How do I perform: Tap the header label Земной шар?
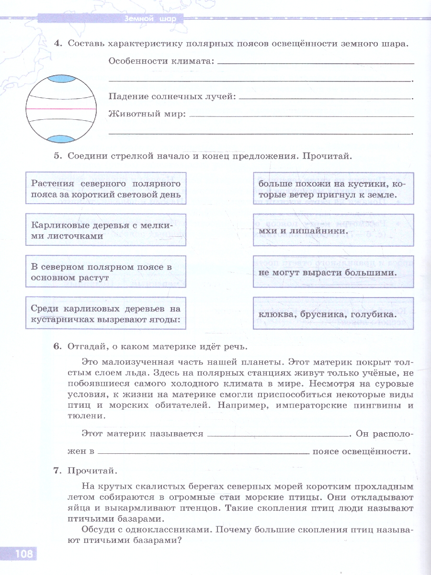(x=150, y=19)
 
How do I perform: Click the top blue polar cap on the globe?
(x=60, y=79)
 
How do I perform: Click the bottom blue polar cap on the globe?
(x=60, y=139)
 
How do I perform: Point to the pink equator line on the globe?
(x=60, y=109)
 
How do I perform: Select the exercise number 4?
(x=58, y=44)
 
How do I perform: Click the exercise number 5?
(x=58, y=156)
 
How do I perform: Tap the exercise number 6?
(x=58, y=347)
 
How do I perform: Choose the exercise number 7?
(x=58, y=471)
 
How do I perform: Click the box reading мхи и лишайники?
(x=333, y=230)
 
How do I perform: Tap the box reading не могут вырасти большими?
(x=333, y=272)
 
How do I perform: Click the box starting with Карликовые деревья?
(x=106, y=230)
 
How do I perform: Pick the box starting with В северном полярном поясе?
(x=106, y=272)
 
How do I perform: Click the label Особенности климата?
(x=161, y=61)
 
